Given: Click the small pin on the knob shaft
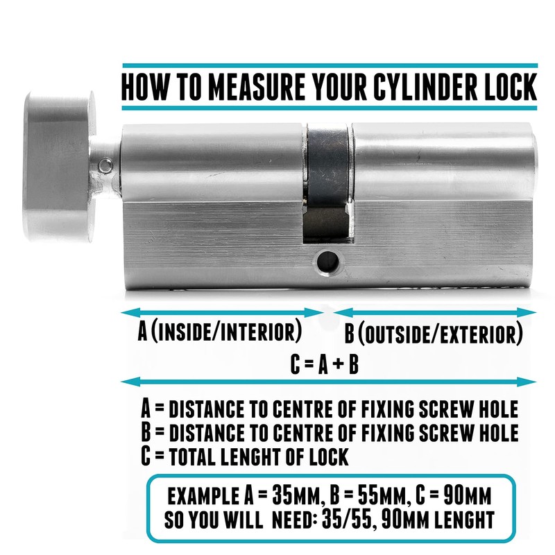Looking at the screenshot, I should click(104, 166).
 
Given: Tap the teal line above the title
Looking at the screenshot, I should click(329, 65).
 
